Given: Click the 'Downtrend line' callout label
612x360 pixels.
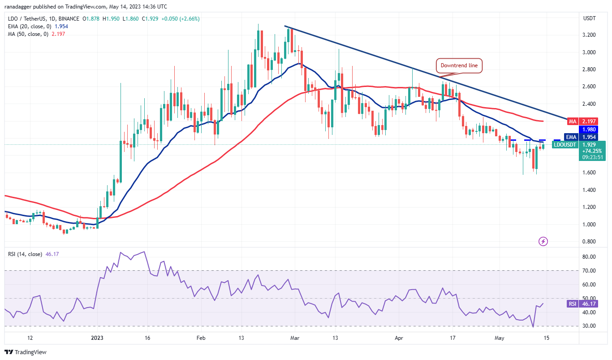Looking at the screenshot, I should pyautogui.click(x=460, y=65).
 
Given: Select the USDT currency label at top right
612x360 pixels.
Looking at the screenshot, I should pyautogui.click(x=590, y=18).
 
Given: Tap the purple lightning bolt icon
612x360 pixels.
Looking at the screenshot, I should pyautogui.click(x=543, y=242).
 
